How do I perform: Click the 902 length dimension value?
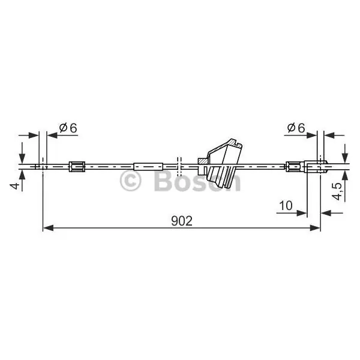pyautogui.click(x=182, y=221)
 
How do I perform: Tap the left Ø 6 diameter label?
pyautogui.click(x=68, y=128)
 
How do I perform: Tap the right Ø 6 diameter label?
pyautogui.click(x=296, y=128)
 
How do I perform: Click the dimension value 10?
pyautogui.click(x=286, y=205)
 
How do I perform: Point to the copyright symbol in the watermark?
pyautogui.click(x=130, y=181)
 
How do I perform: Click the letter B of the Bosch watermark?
pyautogui.click(x=163, y=181)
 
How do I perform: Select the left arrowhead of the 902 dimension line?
pyautogui.click(x=48, y=228)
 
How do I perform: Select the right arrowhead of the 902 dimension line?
pyautogui.click(x=315, y=228)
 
